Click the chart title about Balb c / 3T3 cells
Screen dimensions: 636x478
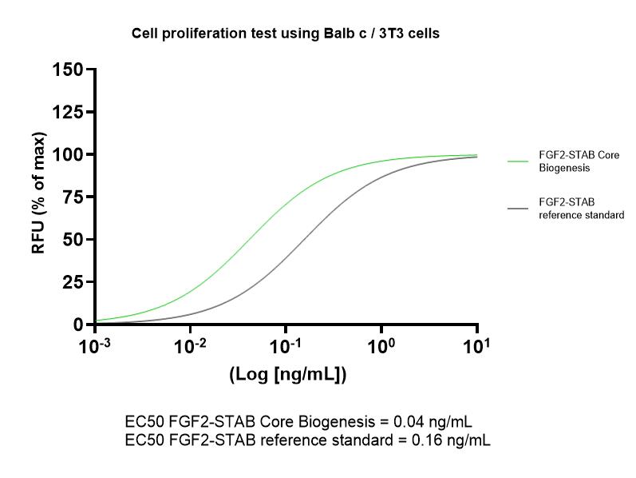click(x=286, y=34)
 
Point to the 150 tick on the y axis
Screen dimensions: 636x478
click(x=68, y=70)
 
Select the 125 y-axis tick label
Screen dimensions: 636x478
click(x=68, y=112)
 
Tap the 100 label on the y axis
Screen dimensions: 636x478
click(x=68, y=154)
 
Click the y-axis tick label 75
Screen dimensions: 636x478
click(x=73, y=197)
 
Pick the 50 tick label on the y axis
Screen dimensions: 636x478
click(x=73, y=240)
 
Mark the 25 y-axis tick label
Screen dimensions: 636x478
click(x=73, y=282)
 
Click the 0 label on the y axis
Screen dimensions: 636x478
click(x=78, y=325)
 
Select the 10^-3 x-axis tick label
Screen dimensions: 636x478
click(x=94, y=346)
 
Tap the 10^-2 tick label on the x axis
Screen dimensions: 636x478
click(x=190, y=346)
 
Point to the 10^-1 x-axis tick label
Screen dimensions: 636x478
click(x=286, y=346)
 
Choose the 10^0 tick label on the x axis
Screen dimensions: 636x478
click(x=381, y=346)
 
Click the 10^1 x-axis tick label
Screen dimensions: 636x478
click(x=476, y=346)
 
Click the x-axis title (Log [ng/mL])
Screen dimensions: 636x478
click(x=287, y=374)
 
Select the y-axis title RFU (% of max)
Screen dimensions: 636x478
click(x=38, y=193)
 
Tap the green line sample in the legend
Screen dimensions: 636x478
click(x=518, y=161)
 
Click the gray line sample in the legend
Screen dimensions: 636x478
click(x=518, y=209)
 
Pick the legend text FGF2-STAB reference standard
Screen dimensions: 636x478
click(x=581, y=209)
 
